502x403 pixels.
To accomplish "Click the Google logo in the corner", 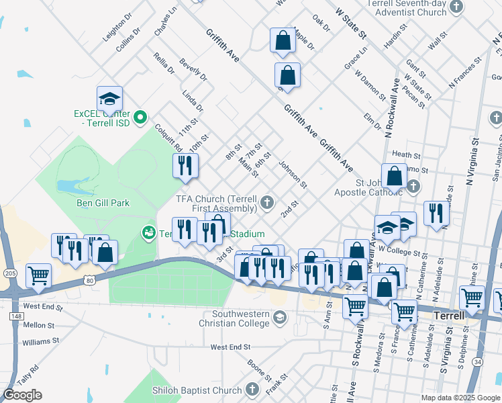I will pos(22,395).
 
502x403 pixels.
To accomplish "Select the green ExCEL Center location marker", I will pos(140,119).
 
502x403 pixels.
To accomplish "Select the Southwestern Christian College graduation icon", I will pos(280,316).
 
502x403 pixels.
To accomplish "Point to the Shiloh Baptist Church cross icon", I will pos(252,390).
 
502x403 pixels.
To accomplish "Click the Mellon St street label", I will pos(38,324).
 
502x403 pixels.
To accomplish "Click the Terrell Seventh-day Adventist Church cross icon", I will pos(457,7).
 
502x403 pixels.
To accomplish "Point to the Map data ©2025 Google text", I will pos(460,398).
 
